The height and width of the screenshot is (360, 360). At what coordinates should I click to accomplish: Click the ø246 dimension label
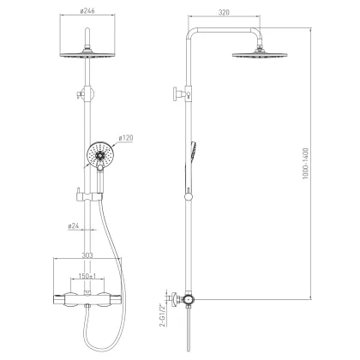point(87,11)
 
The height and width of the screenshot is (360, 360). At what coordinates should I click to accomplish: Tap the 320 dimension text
point(224,13)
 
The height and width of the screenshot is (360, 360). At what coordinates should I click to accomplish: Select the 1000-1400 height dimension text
point(306,164)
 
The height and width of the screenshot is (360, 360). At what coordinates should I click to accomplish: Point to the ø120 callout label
point(126,138)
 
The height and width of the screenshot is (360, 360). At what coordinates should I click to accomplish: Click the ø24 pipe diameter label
point(74,226)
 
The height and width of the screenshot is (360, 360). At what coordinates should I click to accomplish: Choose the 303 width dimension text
point(87,255)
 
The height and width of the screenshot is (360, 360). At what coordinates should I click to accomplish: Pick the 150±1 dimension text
point(87,276)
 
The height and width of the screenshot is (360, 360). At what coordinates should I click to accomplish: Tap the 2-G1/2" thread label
point(163,315)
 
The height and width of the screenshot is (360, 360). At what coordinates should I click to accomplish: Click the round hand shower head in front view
point(100,156)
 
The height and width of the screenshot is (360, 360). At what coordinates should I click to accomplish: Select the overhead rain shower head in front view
point(87,54)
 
